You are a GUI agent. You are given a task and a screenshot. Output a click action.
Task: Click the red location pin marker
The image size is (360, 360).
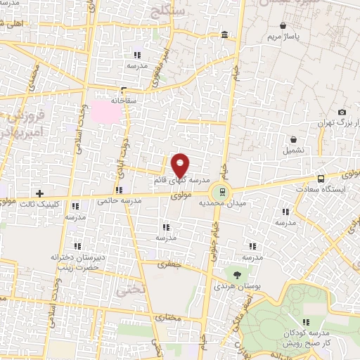click(181, 166)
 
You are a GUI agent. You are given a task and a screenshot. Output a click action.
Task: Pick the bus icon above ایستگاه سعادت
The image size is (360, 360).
click(321, 179)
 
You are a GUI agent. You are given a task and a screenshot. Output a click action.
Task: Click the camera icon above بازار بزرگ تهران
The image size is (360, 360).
click(342, 112)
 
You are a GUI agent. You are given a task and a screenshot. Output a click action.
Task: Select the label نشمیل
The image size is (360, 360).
click(294, 150)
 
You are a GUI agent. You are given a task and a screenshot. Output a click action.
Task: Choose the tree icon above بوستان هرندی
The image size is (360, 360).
click(236, 275)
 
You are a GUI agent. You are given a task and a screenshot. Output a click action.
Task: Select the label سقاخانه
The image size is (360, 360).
click(121, 101)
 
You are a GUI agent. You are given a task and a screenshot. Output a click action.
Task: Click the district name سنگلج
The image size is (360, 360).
click(182, 11)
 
